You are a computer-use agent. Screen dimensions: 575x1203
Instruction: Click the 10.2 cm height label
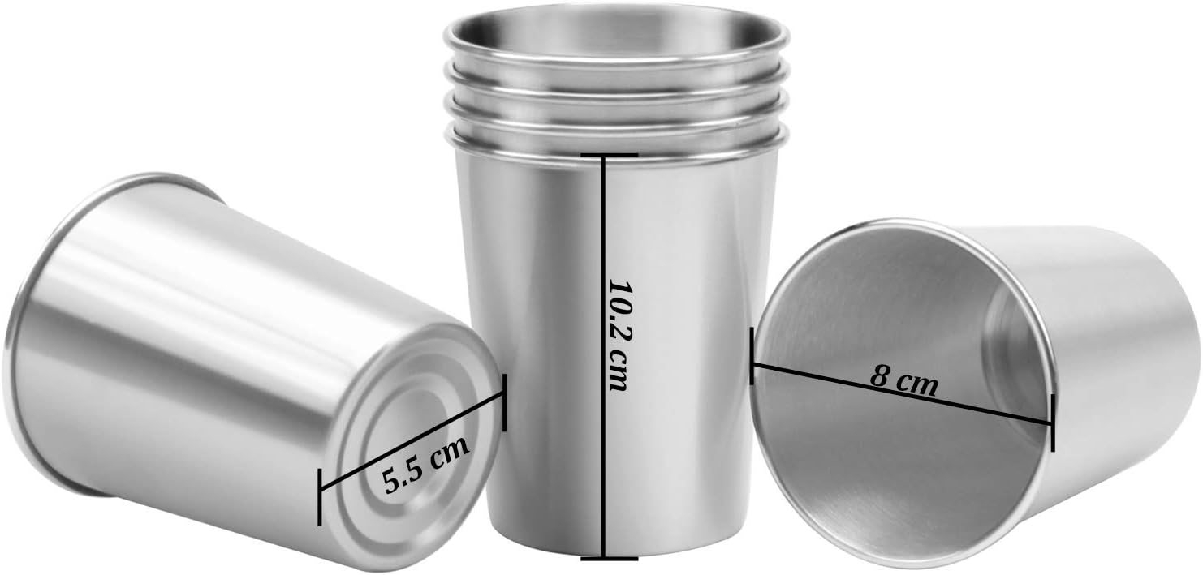[x=619, y=335]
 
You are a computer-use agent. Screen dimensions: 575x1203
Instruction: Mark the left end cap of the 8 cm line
[x=752, y=355]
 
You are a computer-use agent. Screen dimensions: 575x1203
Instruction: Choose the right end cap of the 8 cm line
[x=1052, y=423]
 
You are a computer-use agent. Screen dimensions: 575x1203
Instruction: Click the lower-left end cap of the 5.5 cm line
[x=320, y=496]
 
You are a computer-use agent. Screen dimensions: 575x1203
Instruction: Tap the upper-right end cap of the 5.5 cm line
[x=505, y=402]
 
